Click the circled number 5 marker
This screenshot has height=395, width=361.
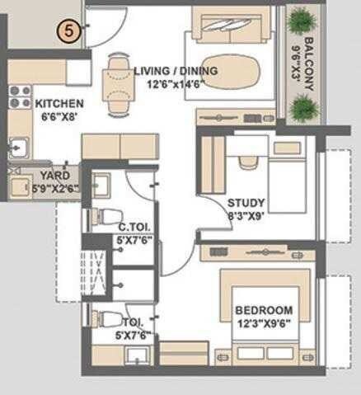tap(70, 32)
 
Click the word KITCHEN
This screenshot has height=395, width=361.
tap(59, 104)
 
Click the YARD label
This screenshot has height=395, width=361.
tap(54, 175)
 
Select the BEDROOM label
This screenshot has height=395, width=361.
tap(263, 310)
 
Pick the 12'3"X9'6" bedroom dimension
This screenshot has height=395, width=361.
tap(263, 322)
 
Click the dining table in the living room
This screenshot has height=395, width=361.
tap(118, 82)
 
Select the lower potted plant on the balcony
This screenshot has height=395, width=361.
tap(305, 106)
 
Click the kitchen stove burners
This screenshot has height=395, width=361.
tap(18, 96)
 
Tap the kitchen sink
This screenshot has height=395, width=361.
tap(17, 148)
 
